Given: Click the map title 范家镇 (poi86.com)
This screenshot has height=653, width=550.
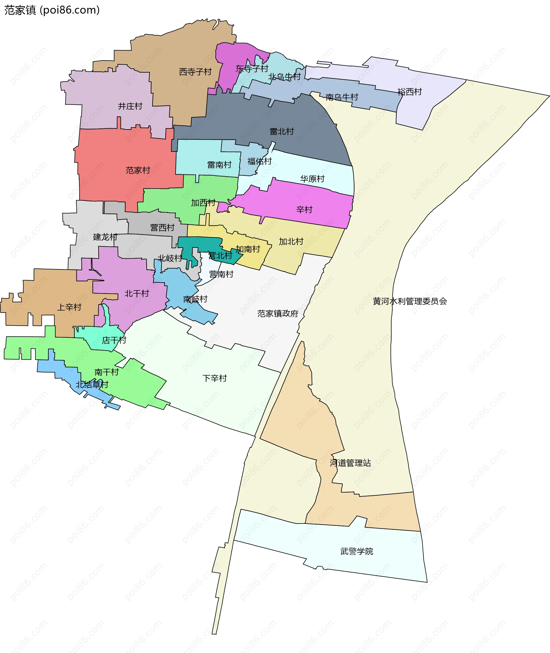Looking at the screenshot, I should click(52, 10).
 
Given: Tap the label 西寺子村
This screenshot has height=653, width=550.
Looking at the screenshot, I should click(195, 72).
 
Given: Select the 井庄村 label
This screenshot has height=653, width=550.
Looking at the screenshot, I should click(130, 106).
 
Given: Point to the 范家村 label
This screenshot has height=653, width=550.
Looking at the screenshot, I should click(138, 170).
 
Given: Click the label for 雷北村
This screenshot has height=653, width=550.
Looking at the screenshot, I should click(282, 132).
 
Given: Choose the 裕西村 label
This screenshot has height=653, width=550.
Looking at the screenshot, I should click(409, 92).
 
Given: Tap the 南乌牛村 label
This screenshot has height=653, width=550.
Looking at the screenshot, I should click(342, 97).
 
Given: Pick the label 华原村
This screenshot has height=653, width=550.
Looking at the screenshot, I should click(312, 179).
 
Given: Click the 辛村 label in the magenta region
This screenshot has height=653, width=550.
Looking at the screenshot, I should click(304, 209).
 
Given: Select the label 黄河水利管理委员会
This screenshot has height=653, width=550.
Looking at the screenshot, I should click(410, 301).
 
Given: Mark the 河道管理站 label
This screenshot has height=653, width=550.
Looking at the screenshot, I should click(350, 463).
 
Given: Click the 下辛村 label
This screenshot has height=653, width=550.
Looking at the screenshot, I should click(215, 378).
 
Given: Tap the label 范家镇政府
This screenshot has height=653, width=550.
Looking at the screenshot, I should click(278, 313).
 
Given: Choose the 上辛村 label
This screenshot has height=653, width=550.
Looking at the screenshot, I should click(69, 307).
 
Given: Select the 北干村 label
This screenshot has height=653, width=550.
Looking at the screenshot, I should click(137, 293).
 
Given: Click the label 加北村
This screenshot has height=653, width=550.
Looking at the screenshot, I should click(291, 241).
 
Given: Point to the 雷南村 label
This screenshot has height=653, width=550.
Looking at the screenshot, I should click(219, 165).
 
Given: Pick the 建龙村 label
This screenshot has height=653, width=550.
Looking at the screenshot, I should click(105, 237).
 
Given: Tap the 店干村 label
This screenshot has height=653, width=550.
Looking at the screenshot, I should click(114, 340).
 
